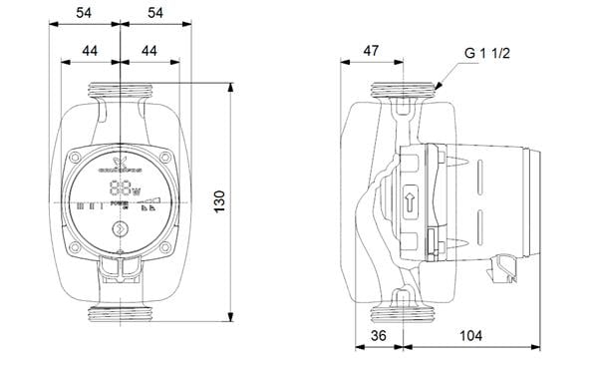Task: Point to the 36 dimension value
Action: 378,336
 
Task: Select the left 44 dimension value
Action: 90,50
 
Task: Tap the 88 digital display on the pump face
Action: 121,188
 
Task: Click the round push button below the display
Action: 121,230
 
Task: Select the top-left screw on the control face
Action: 77,157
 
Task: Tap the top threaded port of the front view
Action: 121,93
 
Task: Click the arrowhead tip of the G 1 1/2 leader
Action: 434,93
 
